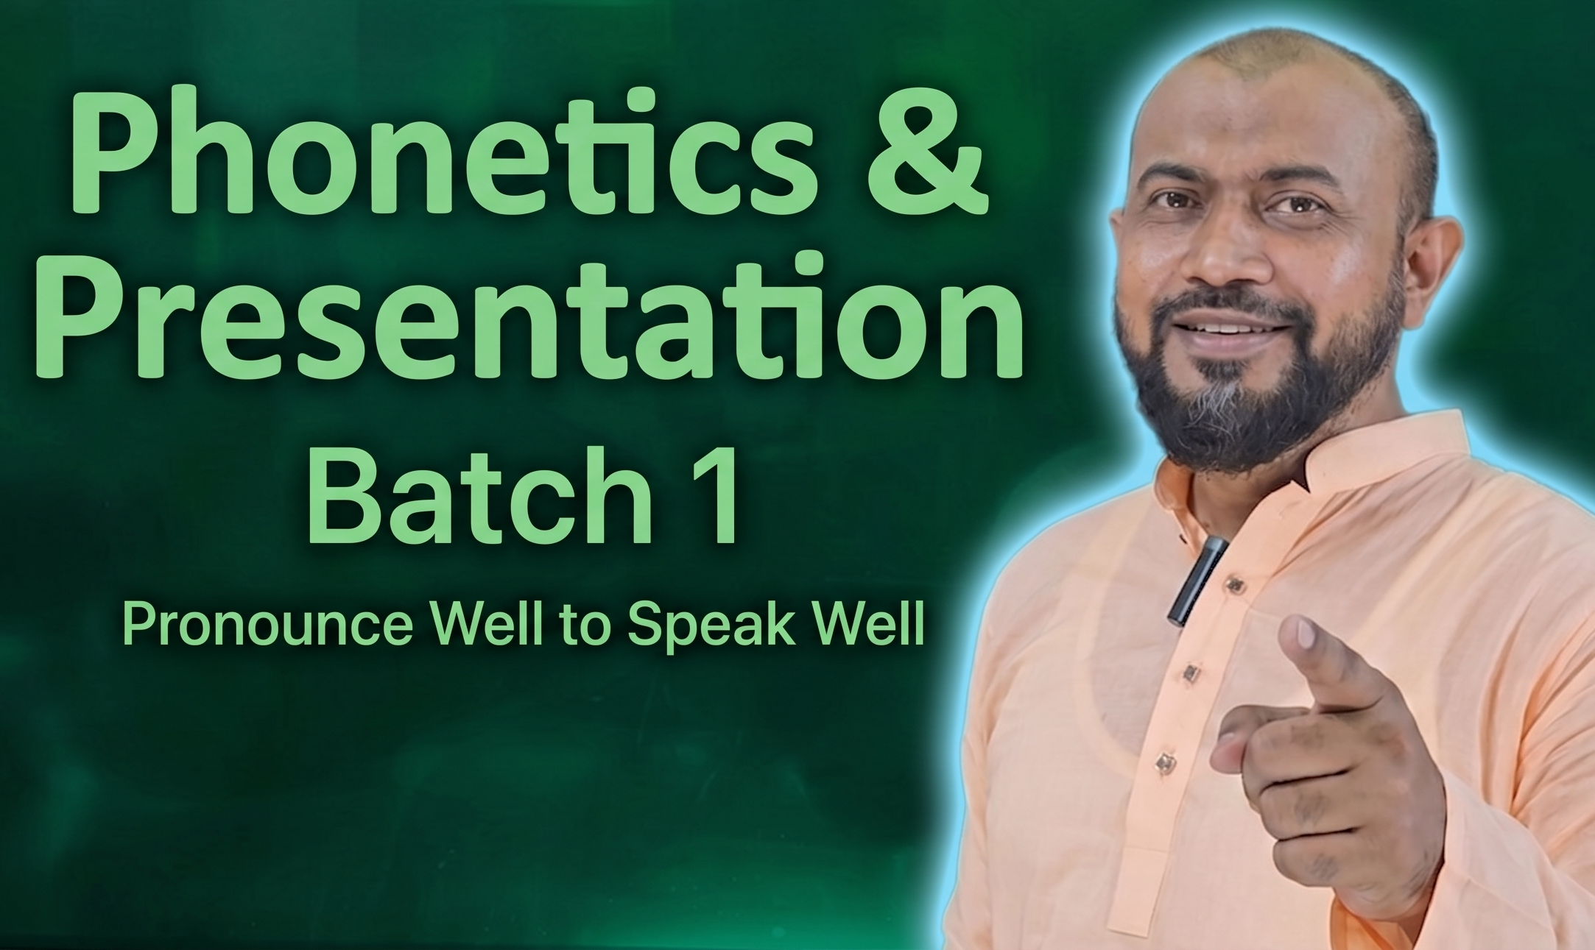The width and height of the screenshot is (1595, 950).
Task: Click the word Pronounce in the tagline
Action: click(x=268, y=623)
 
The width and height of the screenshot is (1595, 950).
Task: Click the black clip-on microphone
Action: click(x=1197, y=581)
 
